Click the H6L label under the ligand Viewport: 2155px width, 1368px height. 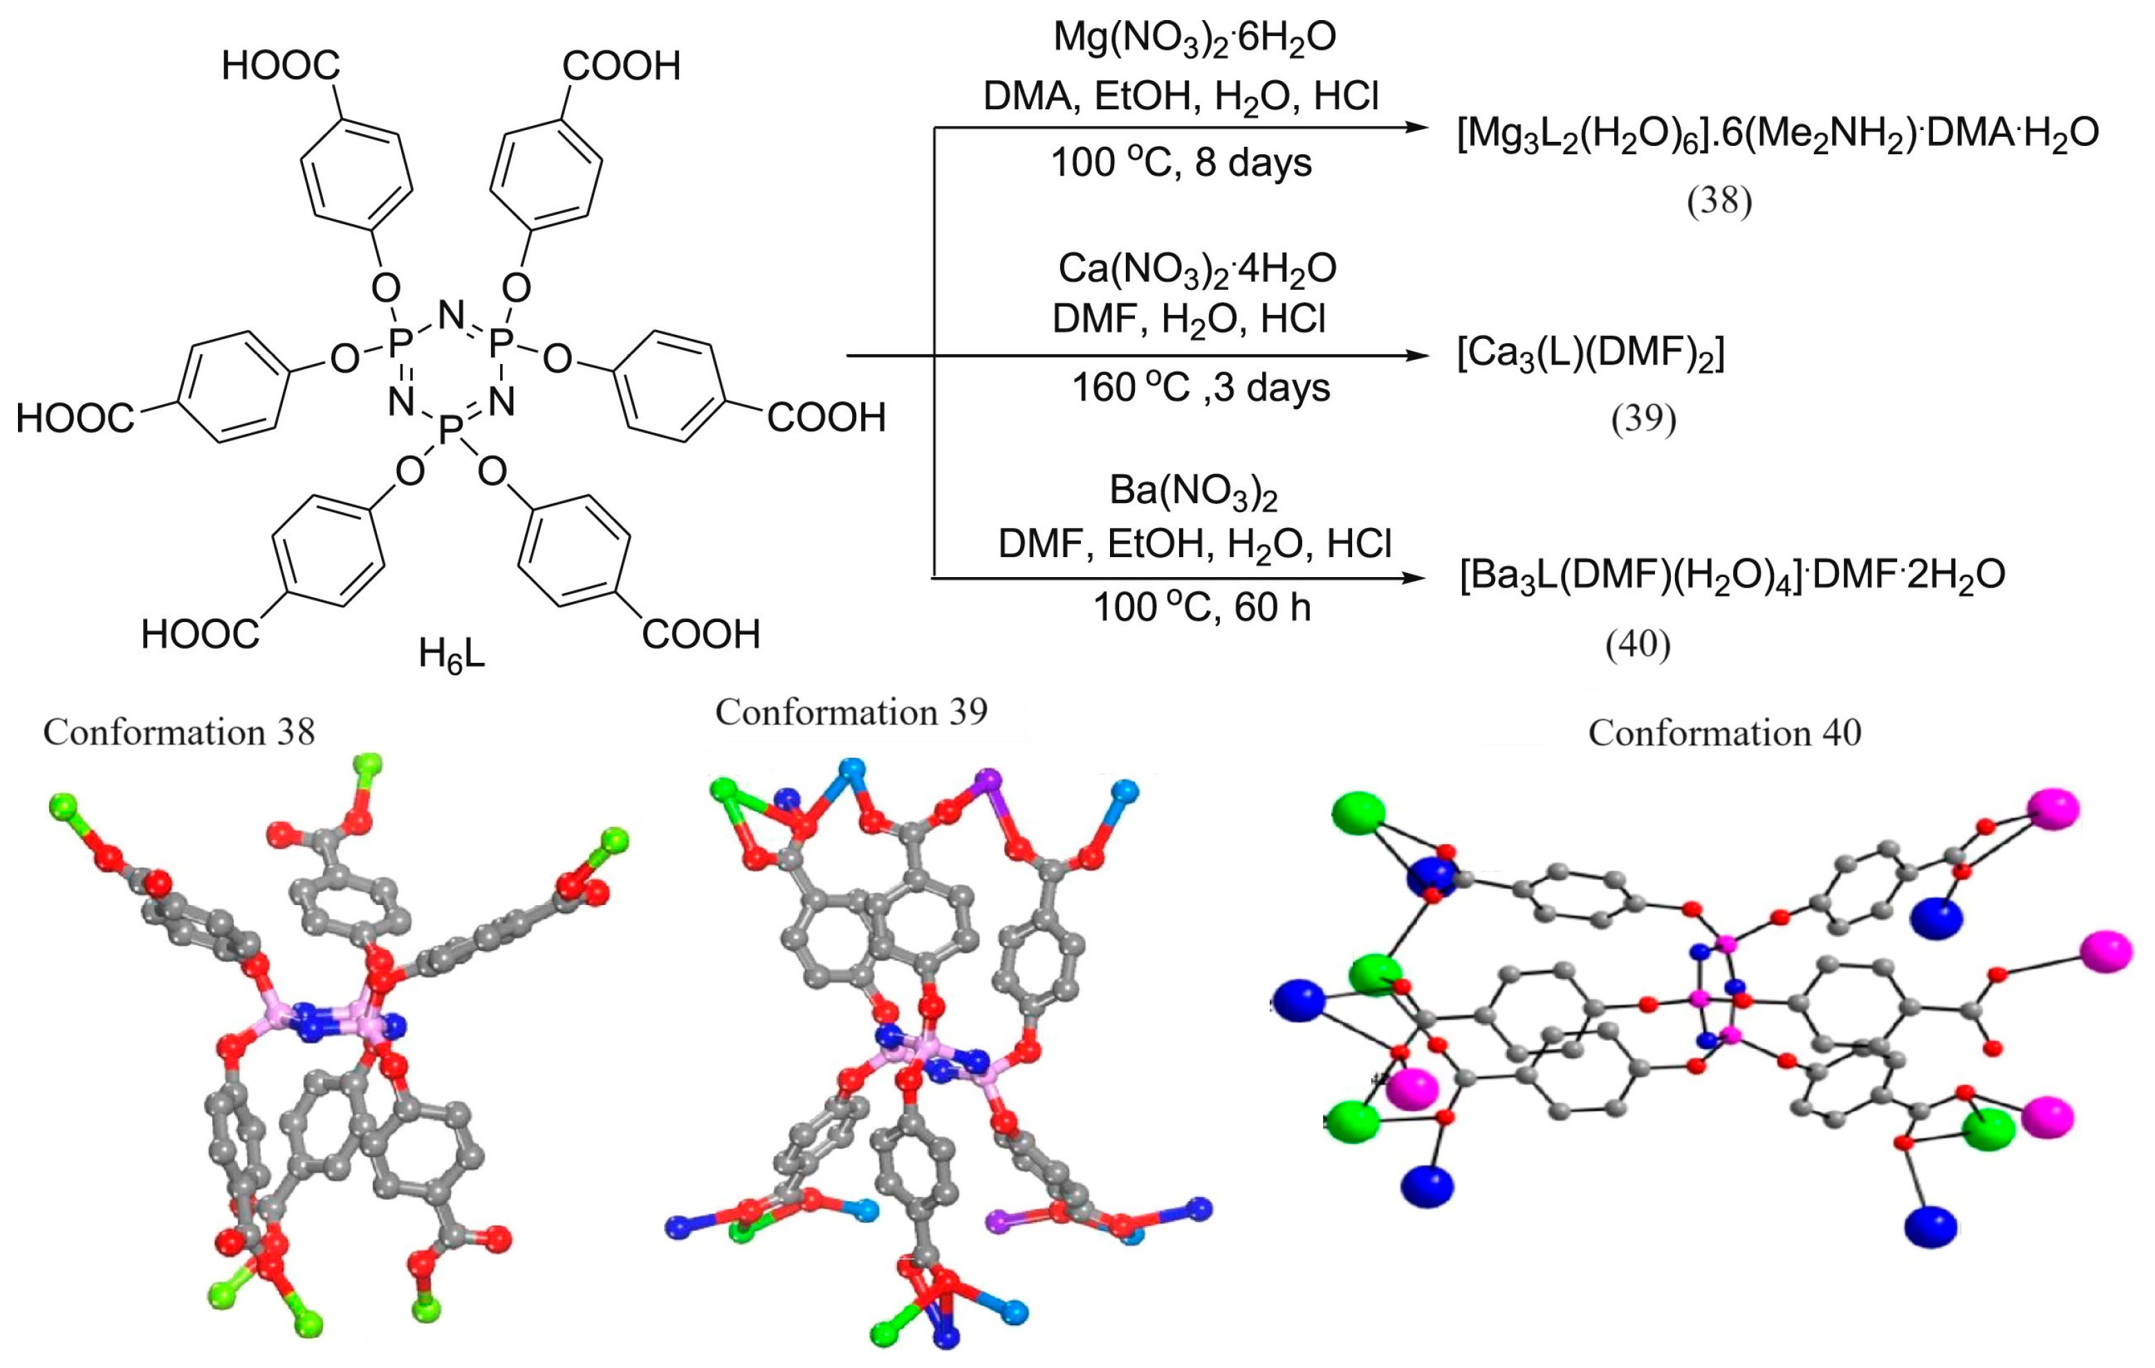coord(451,656)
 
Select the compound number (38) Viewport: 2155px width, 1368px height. coord(1719,201)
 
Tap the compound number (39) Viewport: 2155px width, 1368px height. coord(1643,419)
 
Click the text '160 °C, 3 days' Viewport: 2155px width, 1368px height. coord(1201,387)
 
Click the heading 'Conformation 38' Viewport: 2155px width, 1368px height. coord(179,732)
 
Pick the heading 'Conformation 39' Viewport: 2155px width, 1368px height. coord(851,712)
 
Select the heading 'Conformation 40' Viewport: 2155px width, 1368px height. coord(1725,732)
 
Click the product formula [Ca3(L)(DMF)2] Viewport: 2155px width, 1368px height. coord(1591,354)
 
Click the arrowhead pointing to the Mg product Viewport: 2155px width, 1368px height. coord(1414,127)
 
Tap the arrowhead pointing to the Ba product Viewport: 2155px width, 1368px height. coord(1414,578)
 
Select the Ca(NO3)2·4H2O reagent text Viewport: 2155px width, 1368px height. coord(1196,268)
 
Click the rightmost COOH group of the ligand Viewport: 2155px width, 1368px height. coord(825,418)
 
